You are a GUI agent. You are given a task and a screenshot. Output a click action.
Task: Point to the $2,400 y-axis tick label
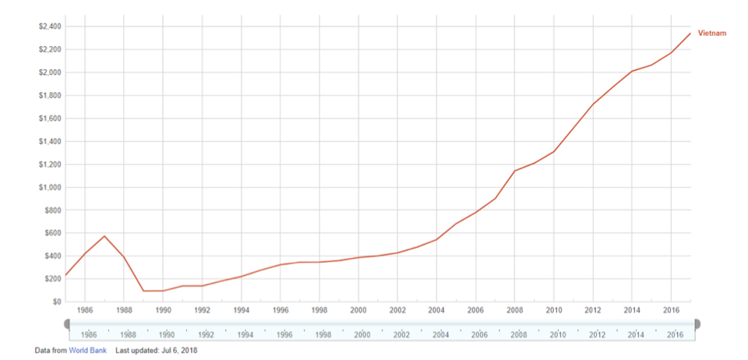coord(49,26)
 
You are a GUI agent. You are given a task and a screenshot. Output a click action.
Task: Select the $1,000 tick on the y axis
coord(49,187)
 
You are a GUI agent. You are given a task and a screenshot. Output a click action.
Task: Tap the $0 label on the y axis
coord(55,302)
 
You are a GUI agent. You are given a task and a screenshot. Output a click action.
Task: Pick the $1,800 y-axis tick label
coord(49,96)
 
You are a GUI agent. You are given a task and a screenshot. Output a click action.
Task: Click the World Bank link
coord(87,351)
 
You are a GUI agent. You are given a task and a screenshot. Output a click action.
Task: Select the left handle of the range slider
coord(67,323)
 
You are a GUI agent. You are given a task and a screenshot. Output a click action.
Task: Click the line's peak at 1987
coord(104,236)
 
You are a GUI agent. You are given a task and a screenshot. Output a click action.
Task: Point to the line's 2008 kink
coord(515,171)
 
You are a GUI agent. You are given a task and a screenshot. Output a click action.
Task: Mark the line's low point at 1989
coord(143,291)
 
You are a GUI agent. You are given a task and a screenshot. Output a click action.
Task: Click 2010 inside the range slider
coord(557,334)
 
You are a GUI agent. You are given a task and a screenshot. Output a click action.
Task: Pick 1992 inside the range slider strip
coord(206,334)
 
